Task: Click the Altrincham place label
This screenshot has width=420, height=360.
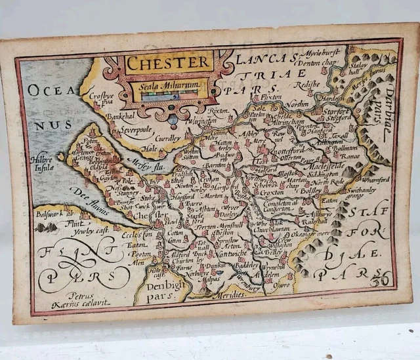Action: pyautogui.click(x=293, y=121)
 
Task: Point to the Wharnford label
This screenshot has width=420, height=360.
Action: pyautogui.click(x=375, y=178)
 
